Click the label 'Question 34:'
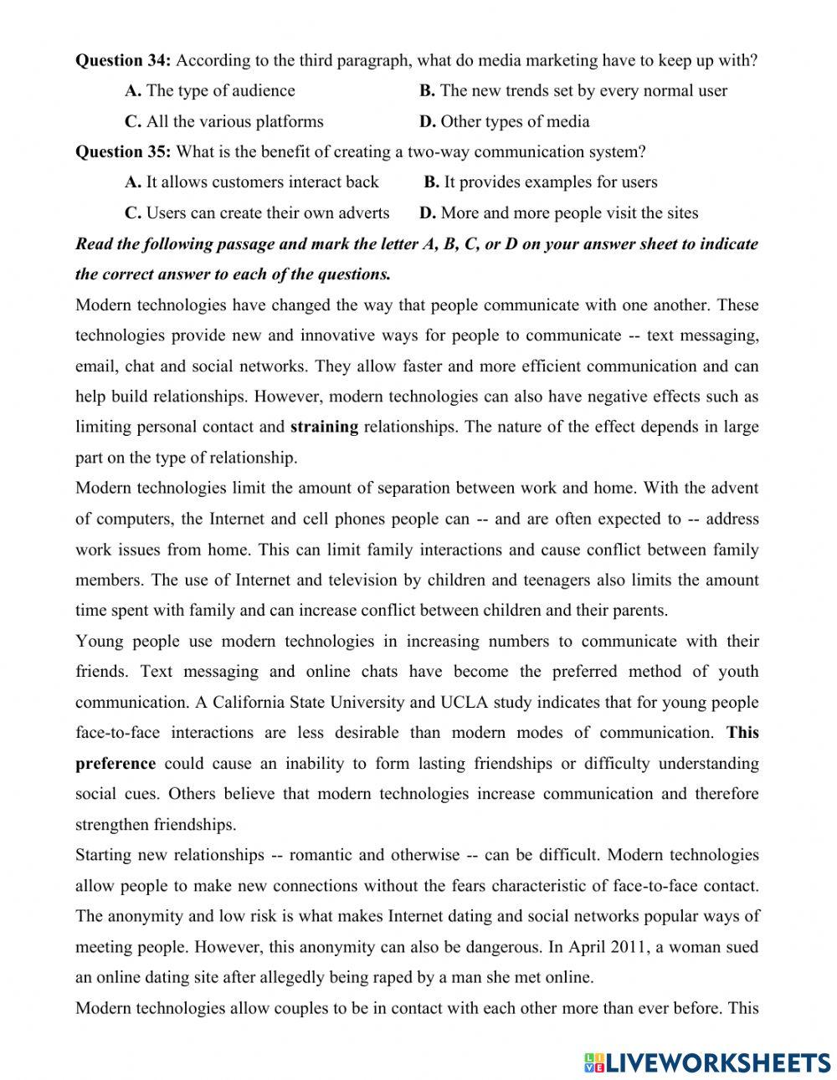[123, 60]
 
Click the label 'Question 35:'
[123, 151]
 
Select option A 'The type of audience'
[210, 90]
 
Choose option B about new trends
[573, 90]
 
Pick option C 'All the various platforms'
[224, 121]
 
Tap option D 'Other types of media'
[505, 121]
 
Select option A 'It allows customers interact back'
[252, 182]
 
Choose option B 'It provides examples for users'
[541, 182]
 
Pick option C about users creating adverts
[258, 212]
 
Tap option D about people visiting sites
[559, 212]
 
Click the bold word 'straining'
[324, 427]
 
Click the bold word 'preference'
[116, 763]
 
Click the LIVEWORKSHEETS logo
[706, 1062]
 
